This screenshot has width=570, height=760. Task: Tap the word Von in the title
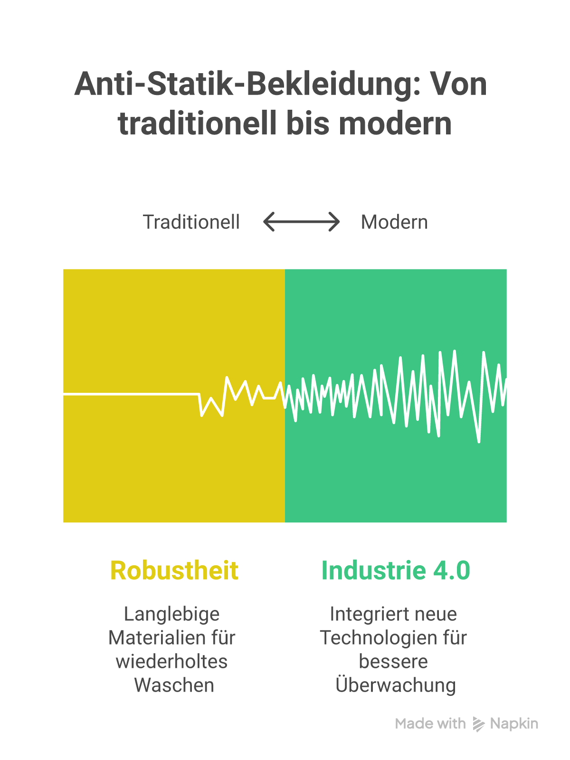(x=458, y=84)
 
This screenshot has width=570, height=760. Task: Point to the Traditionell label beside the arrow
(x=191, y=222)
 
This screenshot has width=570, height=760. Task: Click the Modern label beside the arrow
(x=394, y=222)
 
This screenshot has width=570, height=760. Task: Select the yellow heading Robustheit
(x=174, y=570)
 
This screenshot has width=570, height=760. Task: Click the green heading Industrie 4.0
(x=396, y=570)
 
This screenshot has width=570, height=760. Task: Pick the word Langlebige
(x=171, y=615)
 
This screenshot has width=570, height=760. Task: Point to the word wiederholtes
(x=171, y=661)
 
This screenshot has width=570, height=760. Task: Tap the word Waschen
(x=174, y=685)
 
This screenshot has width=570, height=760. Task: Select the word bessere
(x=393, y=661)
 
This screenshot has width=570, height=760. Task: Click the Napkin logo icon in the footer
(x=478, y=724)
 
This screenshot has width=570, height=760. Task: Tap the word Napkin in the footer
(x=514, y=724)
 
